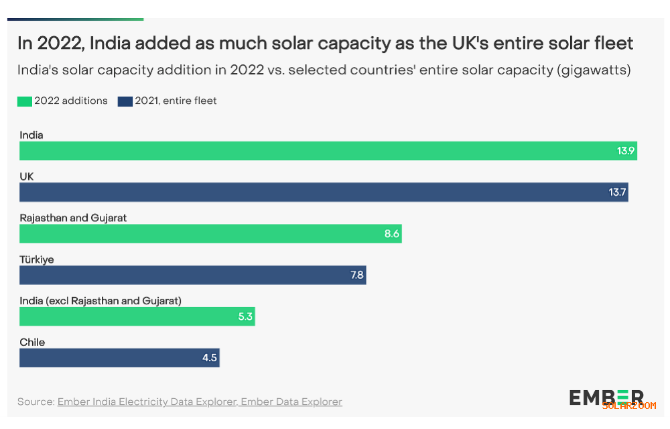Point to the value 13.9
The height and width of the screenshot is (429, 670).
tap(626, 151)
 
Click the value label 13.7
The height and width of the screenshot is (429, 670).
tap(617, 192)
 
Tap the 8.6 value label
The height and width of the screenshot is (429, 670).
tap(392, 234)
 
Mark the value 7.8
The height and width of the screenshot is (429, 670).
tap(357, 275)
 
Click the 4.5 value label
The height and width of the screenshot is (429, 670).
tap(210, 358)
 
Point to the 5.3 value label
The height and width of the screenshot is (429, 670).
tap(245, 316)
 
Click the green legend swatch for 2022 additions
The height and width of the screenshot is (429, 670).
tap(25, 101)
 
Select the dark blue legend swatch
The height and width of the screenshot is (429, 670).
tap(125, 101)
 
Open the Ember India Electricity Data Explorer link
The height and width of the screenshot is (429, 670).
tap(147, 402)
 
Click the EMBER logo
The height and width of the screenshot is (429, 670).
tap(606, 396)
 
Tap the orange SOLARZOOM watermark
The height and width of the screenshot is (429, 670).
tap(629, 406)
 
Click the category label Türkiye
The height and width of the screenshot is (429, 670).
tap(37, 259)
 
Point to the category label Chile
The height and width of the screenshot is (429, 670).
tap(32, 342)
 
